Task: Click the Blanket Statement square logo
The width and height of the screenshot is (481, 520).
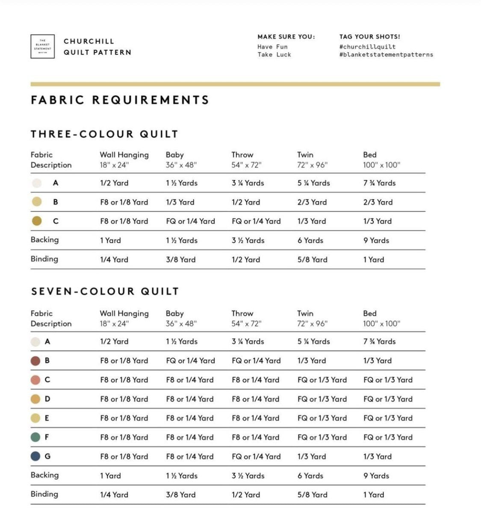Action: [x=42, y=47]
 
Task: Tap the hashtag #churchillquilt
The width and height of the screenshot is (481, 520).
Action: [x=367, y=47]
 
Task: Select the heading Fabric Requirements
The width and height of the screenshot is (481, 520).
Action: [x=120, y=100]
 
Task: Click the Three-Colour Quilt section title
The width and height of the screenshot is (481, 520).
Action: [x=104, y=134]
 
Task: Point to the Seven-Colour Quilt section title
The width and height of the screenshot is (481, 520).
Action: [x=105, y=291]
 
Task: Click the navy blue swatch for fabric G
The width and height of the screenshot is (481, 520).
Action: [x=35, y=456]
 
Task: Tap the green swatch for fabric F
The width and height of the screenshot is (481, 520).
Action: [x=35, y=437]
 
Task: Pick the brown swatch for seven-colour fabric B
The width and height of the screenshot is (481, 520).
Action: [x=35, y=361]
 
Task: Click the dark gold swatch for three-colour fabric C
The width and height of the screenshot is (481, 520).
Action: [x=37, y=221]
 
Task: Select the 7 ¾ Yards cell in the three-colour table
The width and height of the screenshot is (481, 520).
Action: [x=379, y=183]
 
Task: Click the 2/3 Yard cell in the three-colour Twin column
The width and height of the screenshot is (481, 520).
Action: [x=312, y=202]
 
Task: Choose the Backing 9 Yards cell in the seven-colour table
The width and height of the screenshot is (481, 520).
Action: [x=376, y=476]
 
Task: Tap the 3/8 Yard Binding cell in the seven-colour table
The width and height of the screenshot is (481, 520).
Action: [x=180, y=495]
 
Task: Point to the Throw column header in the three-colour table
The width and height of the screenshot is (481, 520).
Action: [x=242, y=155]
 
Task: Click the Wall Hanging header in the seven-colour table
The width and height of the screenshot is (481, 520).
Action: [x=124, y=313]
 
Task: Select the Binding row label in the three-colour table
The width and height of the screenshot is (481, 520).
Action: [x=44, y=259]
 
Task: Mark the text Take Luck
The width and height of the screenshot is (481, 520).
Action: [x=274, y=55]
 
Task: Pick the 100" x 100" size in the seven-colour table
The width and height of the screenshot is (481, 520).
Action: [x=381, y=323]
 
